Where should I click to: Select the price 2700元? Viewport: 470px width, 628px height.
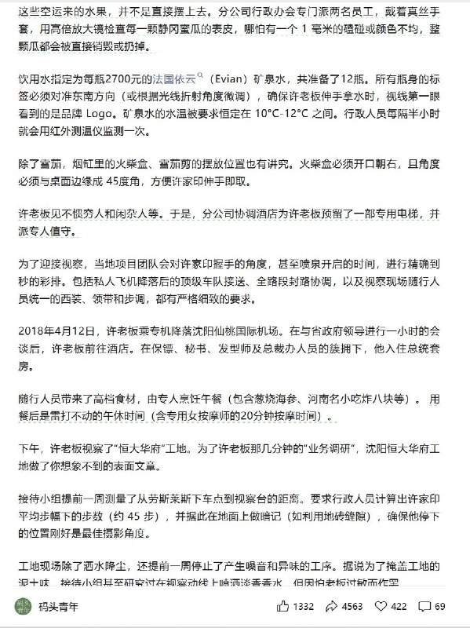coord(129,79)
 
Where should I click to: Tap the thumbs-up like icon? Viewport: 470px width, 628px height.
coord(282,606)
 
